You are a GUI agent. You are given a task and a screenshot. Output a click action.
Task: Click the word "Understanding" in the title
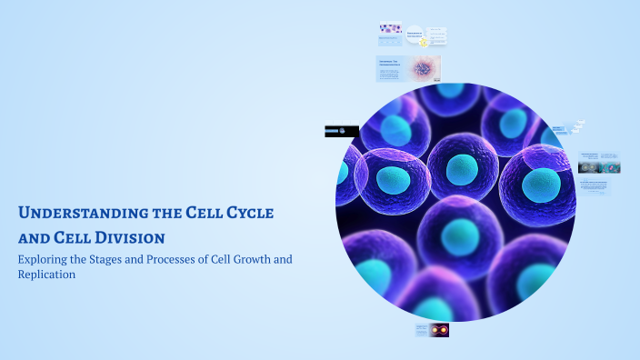(68, 214)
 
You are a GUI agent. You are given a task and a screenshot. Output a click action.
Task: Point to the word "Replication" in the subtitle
(45, 274)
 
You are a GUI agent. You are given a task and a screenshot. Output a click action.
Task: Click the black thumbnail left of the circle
(341, 131)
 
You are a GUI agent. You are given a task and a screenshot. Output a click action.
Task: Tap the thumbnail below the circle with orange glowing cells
(432, 330)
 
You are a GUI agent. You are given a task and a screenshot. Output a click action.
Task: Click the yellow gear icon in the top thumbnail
(423, 42)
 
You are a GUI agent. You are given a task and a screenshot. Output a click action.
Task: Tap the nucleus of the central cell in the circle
(462, 168)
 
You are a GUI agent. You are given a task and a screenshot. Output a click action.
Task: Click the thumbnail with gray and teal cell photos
(599, 163)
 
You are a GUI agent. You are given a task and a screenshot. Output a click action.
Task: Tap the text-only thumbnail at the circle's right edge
(595, 186)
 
